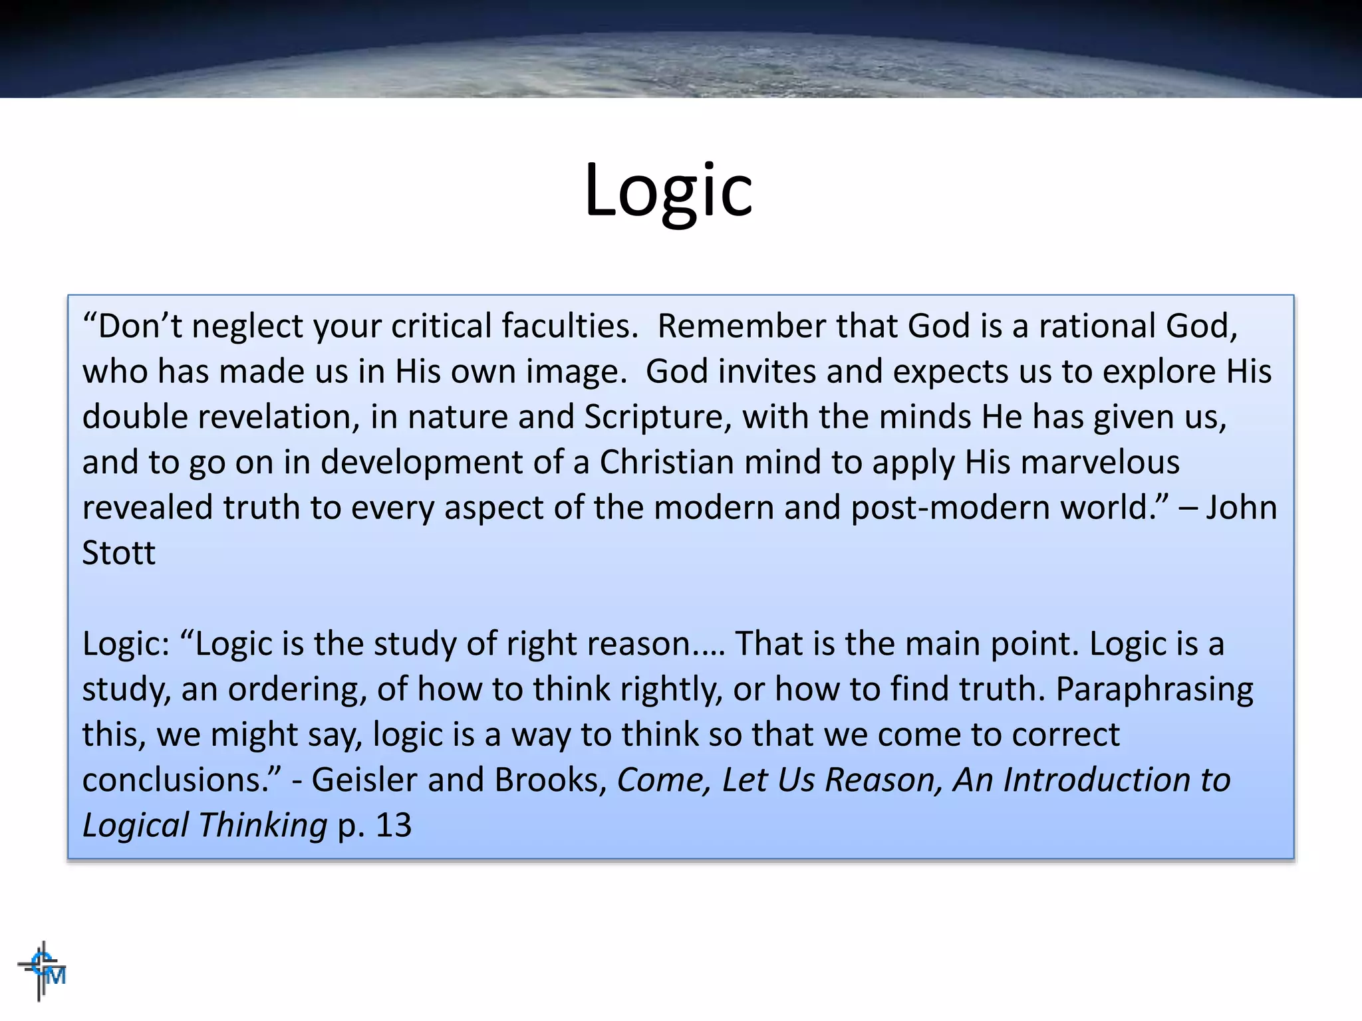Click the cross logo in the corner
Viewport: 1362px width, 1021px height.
[x=42, y=970]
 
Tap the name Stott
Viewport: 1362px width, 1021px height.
[x=118, y=553]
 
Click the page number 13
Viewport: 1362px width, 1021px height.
[x=393, y=826]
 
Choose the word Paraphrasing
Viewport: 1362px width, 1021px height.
[x=1154, y=689]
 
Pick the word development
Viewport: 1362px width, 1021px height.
[x=422, y=463]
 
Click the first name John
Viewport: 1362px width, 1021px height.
[x=1241, y=508]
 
